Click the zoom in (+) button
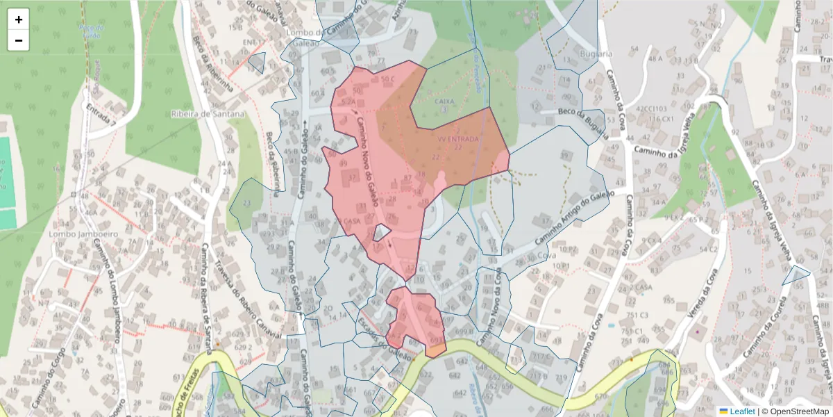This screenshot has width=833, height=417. pos(19,19)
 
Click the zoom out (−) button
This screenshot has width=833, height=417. pos(19,40)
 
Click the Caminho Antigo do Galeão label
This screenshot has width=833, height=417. pos(571,220)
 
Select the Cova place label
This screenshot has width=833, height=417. pos(547,256)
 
